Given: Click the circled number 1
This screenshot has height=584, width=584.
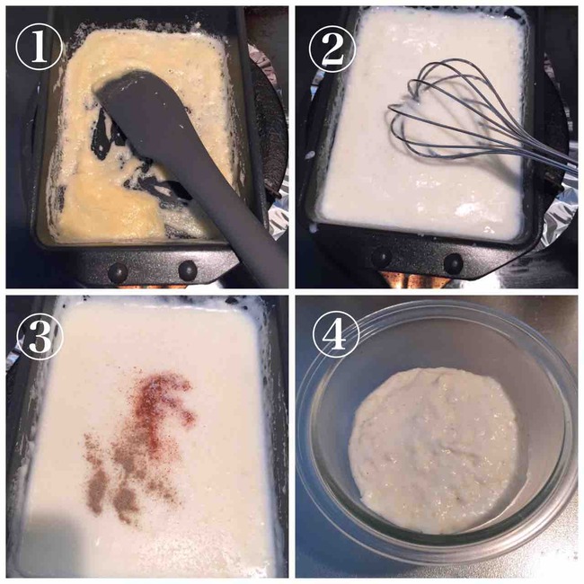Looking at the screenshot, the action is tap(39, 48).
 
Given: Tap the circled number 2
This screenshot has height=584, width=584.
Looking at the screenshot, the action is tap(332, 49).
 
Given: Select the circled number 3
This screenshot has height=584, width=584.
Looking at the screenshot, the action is tap(40, 338).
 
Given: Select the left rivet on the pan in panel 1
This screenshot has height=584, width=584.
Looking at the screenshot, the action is tap(118, 272).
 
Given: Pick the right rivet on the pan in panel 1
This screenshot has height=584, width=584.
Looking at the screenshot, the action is tap(188, 270).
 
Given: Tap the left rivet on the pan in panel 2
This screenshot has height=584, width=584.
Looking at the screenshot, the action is tap(381, 257).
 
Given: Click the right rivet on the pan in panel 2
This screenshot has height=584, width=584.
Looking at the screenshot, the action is tap(453, 263).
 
